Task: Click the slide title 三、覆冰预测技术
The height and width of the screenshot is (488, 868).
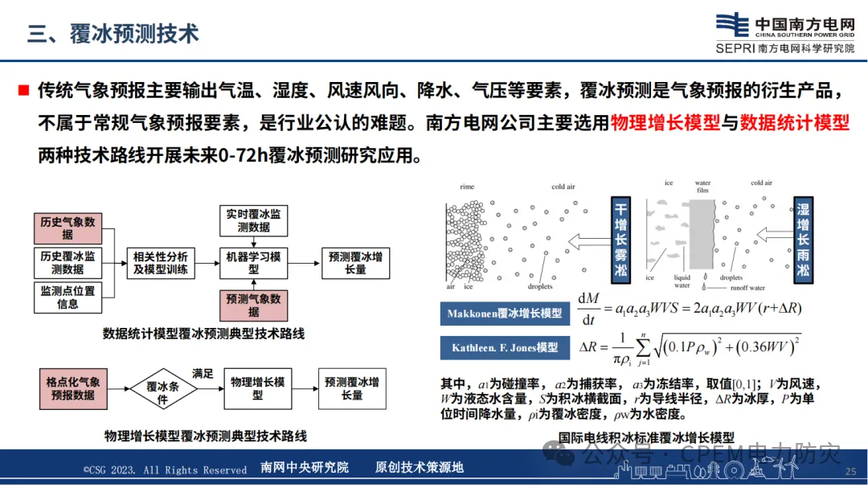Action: tap(113, 34)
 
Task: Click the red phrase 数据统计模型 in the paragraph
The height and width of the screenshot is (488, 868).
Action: tap(794, 123)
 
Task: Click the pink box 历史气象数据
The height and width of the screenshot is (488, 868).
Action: tap(68, 228)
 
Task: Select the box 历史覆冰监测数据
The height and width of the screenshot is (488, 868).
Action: tap(68, 263)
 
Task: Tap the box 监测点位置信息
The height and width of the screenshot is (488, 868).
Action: tap(68, 297)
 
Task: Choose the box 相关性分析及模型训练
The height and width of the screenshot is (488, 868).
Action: tap(162, 263)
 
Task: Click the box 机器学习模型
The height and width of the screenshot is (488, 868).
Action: tap(254, 263)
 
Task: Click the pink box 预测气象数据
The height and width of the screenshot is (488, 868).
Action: tap(254, 306)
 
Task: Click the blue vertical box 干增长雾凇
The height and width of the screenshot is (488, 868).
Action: tap(620, 239)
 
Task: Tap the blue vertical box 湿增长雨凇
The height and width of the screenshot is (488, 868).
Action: tap(803, 239)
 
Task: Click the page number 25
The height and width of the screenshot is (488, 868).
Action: tap(850, 472)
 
